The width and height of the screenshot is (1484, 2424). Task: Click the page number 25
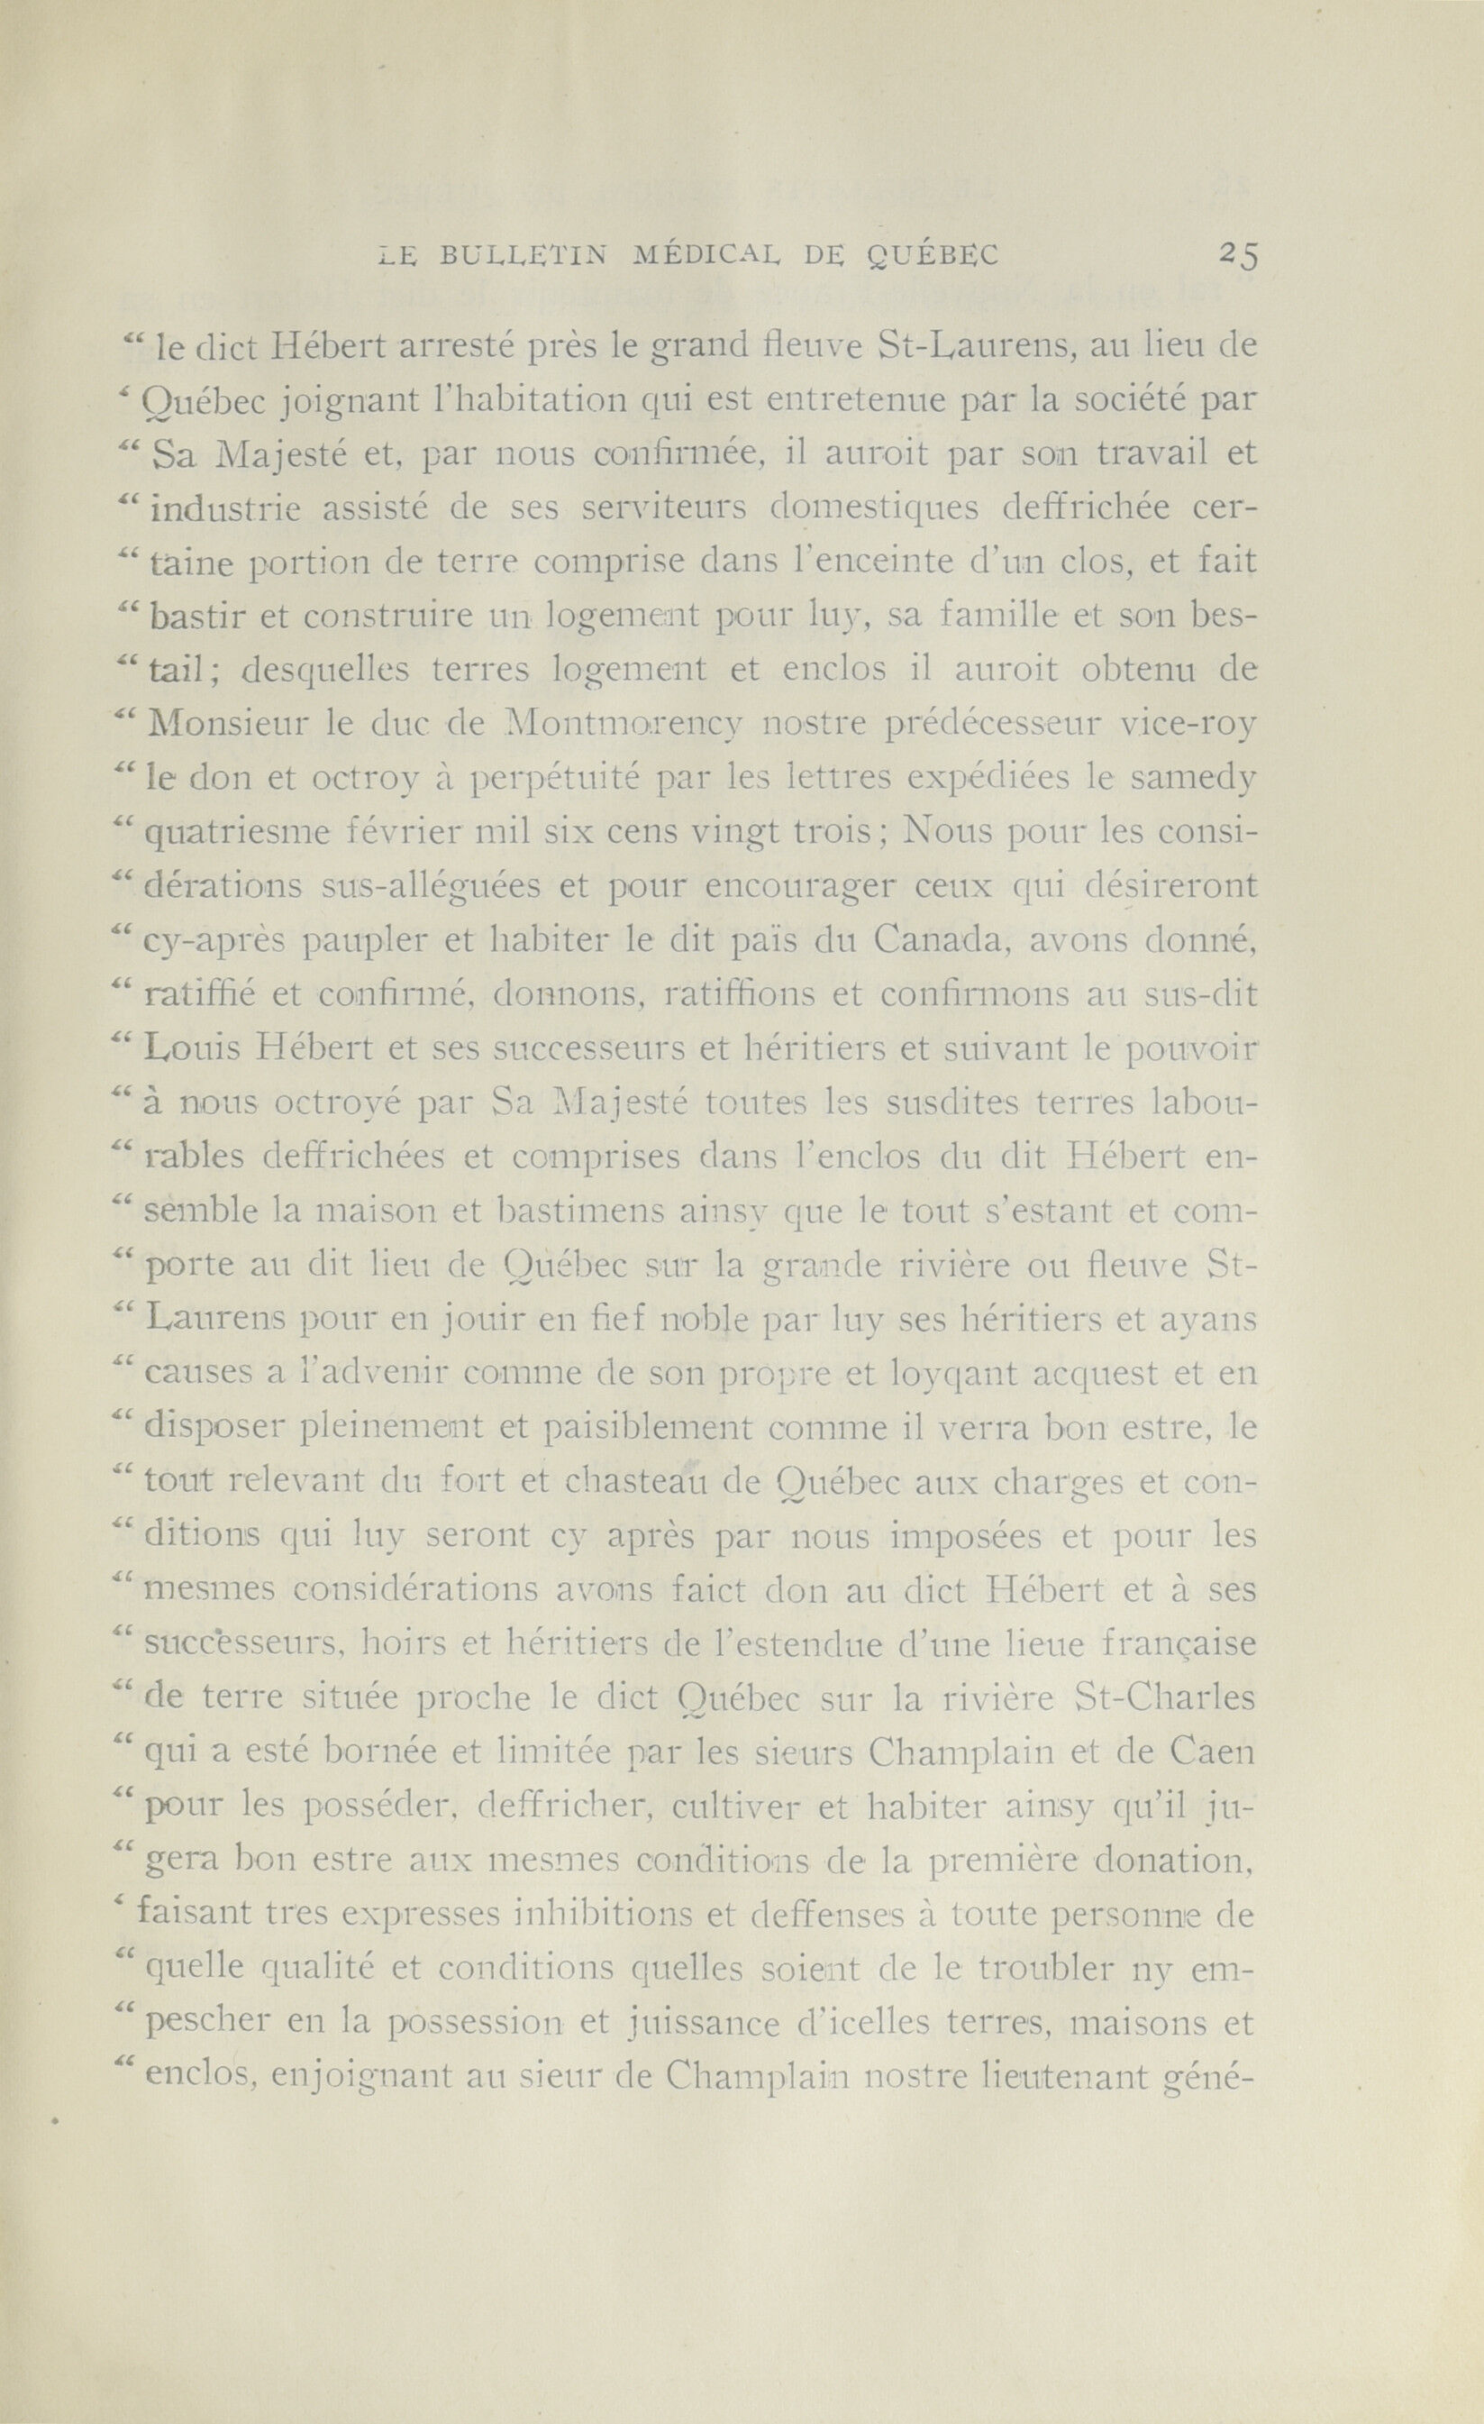coord(1237,255)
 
